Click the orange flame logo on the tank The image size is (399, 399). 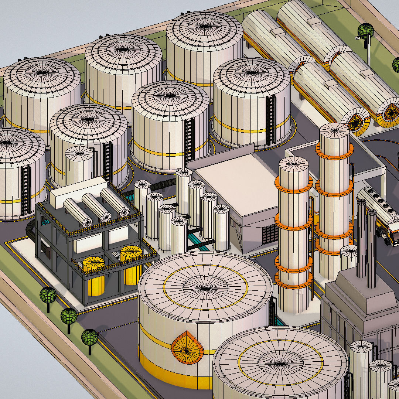point(187,348)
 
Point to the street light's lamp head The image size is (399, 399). point(358,38)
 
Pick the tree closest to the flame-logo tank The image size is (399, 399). point(89,337)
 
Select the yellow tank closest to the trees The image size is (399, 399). point(93,275)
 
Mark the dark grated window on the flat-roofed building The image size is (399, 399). point(270,233)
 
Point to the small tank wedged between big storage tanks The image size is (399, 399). point(79,163)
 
